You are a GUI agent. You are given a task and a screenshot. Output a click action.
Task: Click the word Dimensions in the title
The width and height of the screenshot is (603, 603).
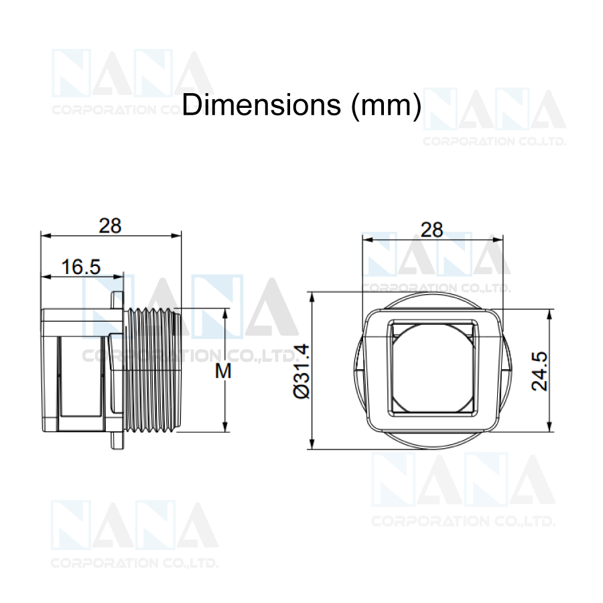coord(261,105)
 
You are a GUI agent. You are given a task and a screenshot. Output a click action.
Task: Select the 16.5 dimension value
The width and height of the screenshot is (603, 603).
coord(81,267)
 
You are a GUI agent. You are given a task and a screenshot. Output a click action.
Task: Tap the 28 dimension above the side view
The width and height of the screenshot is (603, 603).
coord(110,226)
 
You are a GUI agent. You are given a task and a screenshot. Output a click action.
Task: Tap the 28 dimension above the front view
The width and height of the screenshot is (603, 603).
coord(432,230)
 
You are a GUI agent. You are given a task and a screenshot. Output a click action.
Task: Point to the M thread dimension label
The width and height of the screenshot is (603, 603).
coord(223,371)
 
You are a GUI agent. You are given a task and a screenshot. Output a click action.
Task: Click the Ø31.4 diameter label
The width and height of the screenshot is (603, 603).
coord(301,371)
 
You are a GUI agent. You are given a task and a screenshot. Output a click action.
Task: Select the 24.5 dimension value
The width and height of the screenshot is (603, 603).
coord(539,371)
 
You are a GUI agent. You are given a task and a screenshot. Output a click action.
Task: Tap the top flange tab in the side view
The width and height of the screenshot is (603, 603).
coord(117,300)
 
